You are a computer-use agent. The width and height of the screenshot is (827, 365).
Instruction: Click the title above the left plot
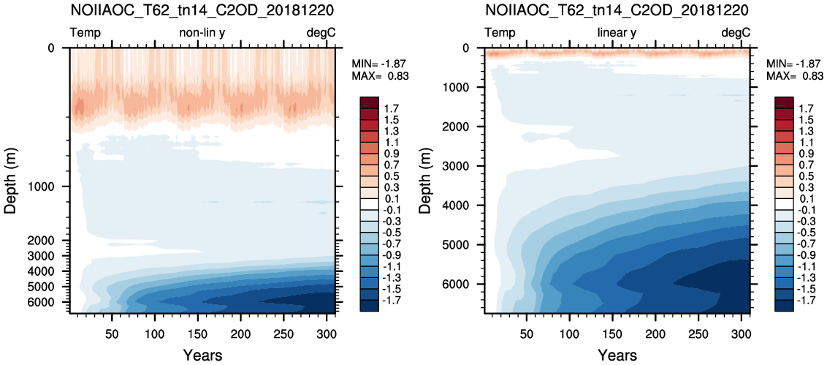click(x=202, y=10)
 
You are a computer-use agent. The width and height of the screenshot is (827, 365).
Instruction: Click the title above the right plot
click(x=617, y=10)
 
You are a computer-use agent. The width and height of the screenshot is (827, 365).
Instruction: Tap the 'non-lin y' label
click(x=202, y=34)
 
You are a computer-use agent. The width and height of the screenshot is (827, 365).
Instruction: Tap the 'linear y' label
click(x=617, y=33)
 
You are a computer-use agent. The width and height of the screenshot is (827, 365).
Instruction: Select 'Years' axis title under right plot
click(x=617, y=355)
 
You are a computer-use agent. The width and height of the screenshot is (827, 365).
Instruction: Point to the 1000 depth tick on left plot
click(x=48, y=187)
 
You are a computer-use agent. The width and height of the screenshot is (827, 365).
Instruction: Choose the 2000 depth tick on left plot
click(x=48, y=241)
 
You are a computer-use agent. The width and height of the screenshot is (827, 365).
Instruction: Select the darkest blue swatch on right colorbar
click(x=785, y=305)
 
